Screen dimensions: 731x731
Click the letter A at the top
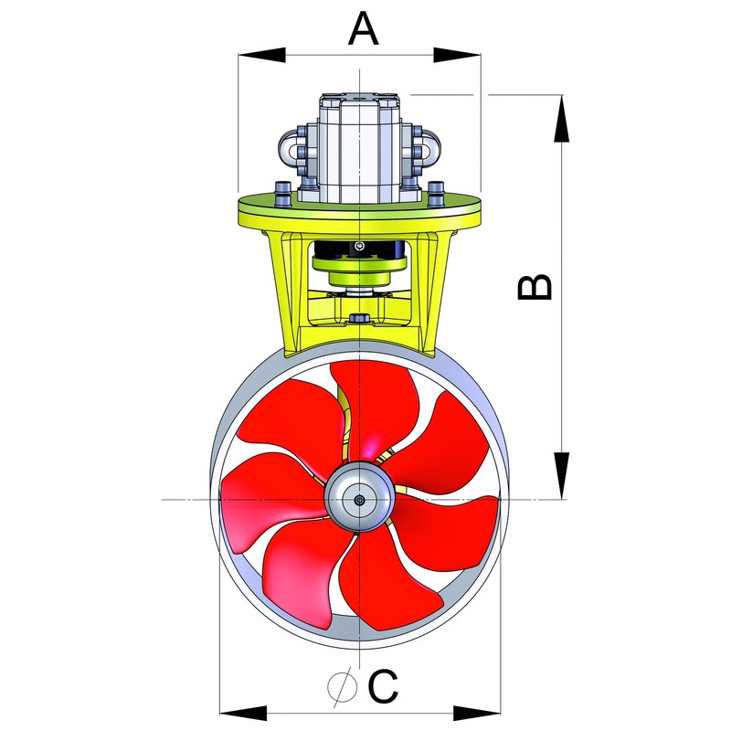coord(363,30)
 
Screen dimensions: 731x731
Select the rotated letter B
coord(535,286)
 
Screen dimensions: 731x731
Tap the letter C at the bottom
coord(384,686)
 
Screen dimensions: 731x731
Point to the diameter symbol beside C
coord(342,686)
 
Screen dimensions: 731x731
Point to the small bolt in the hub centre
coord(361,500)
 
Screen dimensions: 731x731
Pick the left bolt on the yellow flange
coord(283,193)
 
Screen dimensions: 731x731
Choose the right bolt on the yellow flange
coord(436,193)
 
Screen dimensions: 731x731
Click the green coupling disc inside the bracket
coord(359,265)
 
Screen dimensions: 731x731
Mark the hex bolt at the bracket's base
coord(360,318)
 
